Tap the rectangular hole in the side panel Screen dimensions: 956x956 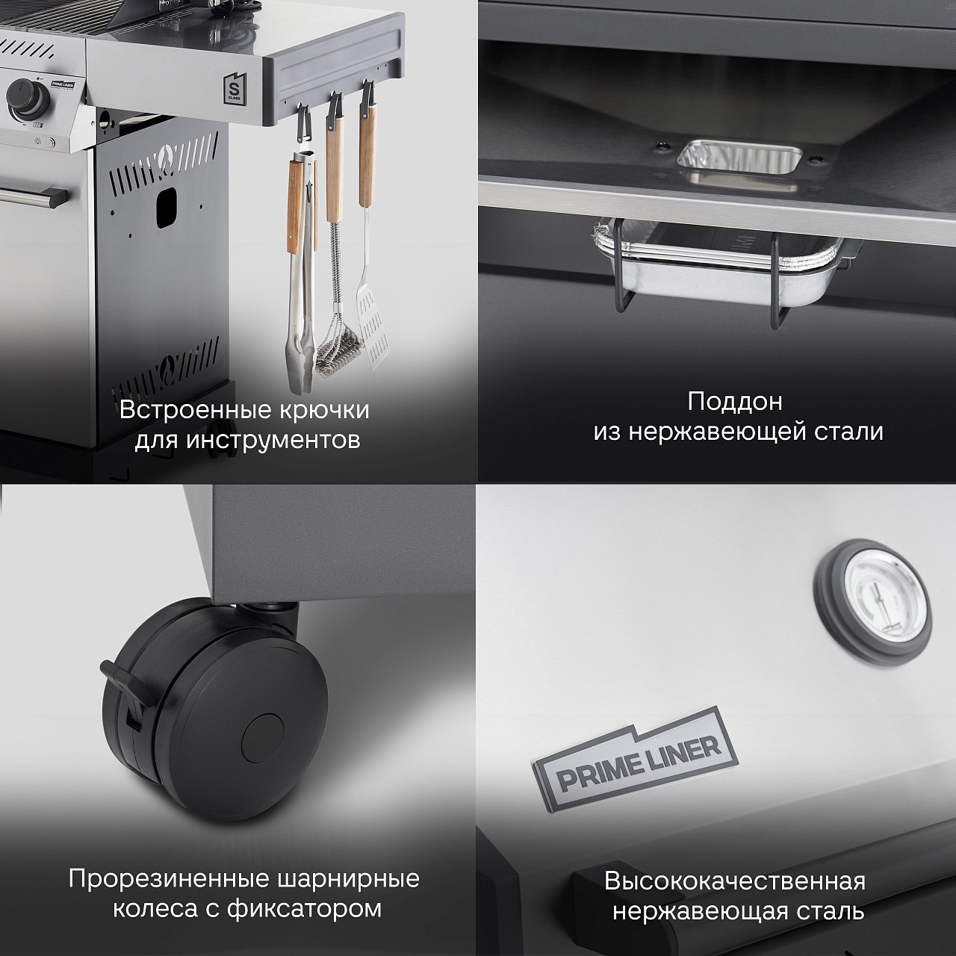tap(167, 207)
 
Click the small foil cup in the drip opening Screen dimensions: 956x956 tap(739, 158)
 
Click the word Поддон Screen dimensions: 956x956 tap(735, 402)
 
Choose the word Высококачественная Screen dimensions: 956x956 tap(735, 881)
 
